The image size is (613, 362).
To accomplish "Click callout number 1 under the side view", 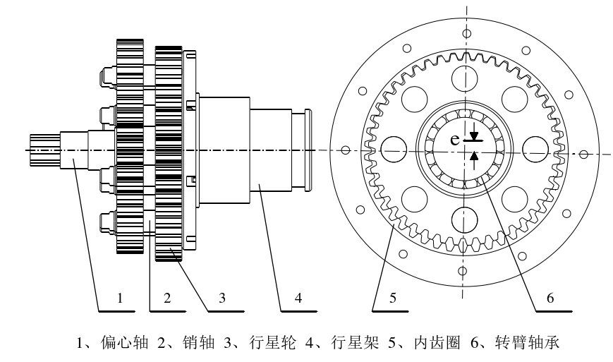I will pos(121,298).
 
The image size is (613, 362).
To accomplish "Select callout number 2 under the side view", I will pos(167,298).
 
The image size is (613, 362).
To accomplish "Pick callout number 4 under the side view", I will pos(298,298).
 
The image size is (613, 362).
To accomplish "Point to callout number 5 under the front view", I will pos(394,298).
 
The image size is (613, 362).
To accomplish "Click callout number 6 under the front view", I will pos(550,298).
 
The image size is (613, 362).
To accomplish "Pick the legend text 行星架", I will pos(349,345).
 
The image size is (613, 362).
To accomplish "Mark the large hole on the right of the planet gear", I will pos(537,148).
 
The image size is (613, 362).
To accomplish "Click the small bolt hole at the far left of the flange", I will pos(346,150).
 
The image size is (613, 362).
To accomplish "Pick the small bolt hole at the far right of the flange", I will pos(584,153).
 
